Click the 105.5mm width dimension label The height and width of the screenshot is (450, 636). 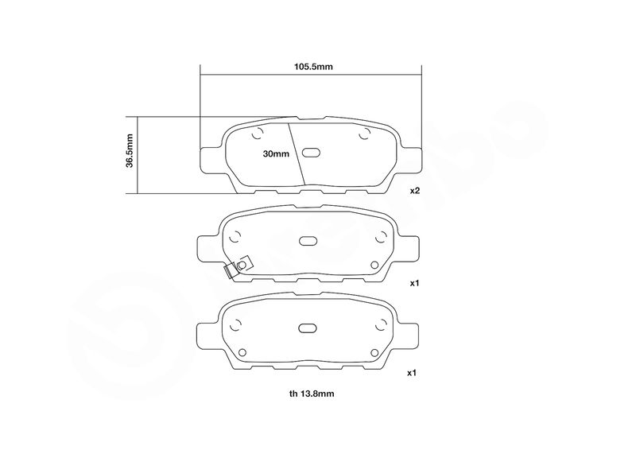pos(313,67)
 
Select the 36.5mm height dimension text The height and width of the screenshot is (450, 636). pos(130,151)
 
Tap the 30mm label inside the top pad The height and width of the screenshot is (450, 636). pos(276,153)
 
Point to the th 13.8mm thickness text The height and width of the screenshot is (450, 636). pos(312,394)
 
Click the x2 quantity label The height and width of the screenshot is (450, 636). pos(414,190)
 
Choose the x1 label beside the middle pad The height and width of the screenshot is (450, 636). pos(414,283)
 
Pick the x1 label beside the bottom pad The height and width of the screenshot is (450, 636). pos(412,373)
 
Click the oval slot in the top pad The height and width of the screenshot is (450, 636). pos(312,153)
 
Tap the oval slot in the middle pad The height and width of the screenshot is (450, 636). pos(308,241)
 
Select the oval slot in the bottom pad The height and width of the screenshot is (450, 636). pos(308,328)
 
